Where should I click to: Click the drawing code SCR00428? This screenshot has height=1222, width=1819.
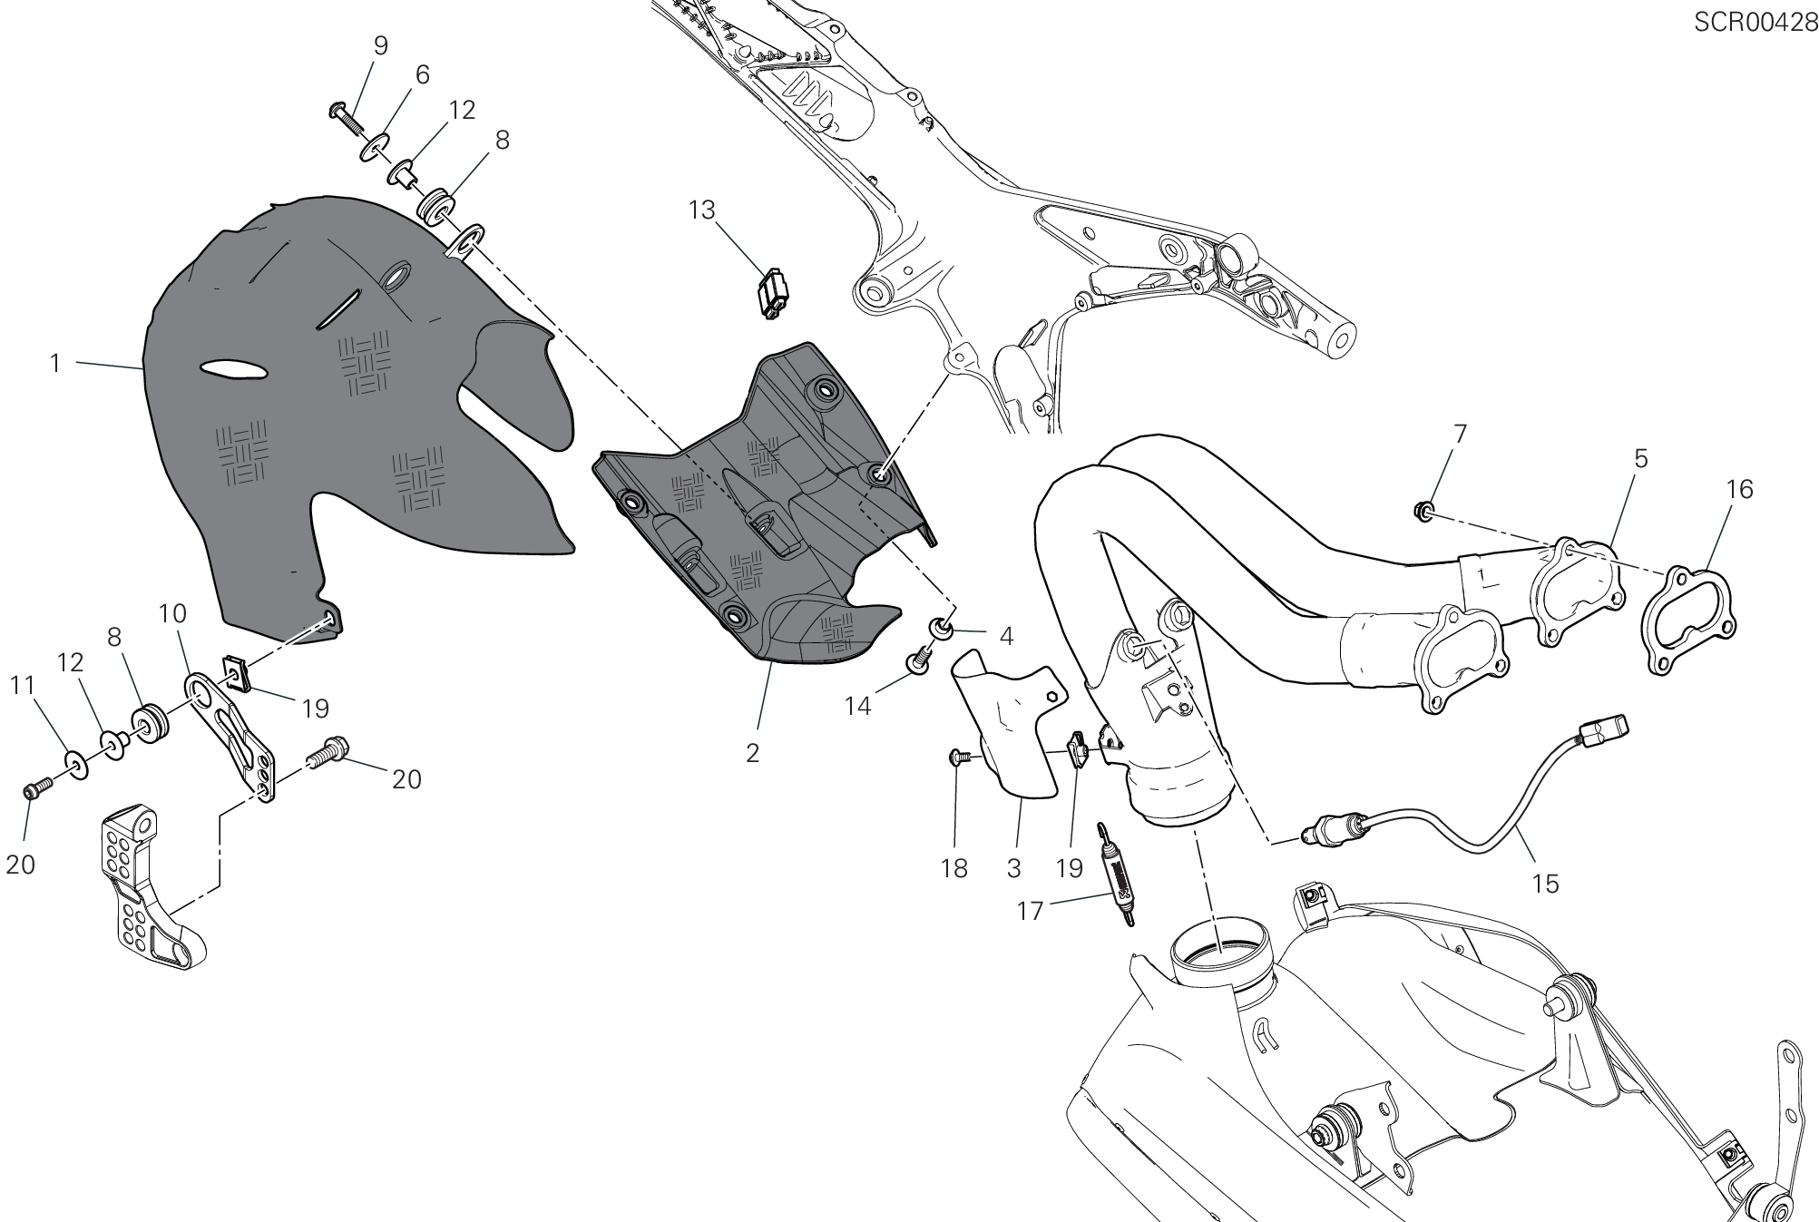[x=1755, y=23]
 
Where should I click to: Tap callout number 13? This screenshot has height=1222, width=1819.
[x=701, y=210]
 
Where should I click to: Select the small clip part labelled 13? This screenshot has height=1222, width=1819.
[x=772, y=292]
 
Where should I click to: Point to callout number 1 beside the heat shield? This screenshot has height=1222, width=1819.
[x=55, y=364]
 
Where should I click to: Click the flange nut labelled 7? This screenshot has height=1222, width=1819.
[x=1423, y=512]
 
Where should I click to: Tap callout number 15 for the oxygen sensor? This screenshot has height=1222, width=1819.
[x=1545, y=883]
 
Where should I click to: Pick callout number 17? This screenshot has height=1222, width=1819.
[x=1030, y=910]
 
